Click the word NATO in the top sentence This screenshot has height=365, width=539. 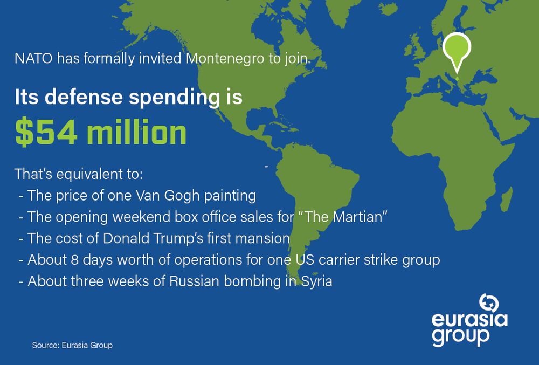[33, 58]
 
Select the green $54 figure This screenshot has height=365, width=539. [46, 132]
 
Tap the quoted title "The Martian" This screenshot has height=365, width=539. [342, 217]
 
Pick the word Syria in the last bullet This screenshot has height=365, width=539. [317, 281]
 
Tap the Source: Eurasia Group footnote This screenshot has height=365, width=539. [72, 345]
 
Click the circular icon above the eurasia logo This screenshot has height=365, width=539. [489, 303]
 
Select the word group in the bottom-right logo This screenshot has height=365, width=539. [461, 337]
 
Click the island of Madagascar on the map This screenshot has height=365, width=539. [506, 199]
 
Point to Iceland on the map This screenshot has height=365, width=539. [388, 9]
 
